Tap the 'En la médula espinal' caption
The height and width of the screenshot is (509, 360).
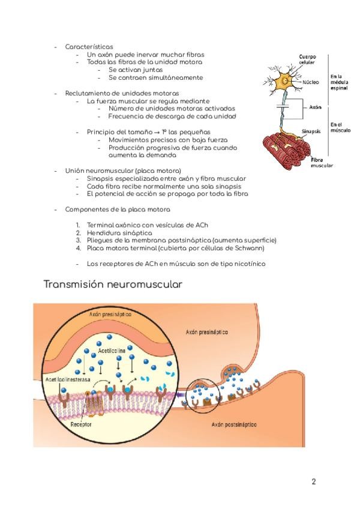tap(339, 82)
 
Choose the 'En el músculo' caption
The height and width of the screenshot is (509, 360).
tap(340, 127)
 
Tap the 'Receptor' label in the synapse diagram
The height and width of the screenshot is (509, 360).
tap(81, 424)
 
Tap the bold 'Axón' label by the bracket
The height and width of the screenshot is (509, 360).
tap(316, 108)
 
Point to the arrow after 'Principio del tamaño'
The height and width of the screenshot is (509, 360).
tap(156, 132)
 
